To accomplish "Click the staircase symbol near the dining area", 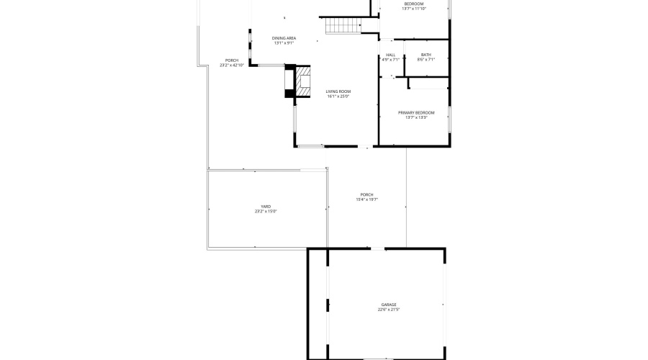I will (x=342, y=26).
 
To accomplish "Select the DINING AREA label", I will (x=284, y=38).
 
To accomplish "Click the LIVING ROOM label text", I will (x=338, y=91).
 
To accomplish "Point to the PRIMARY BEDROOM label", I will (x=416, y=112).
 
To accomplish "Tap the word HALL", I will (x=390, y=55).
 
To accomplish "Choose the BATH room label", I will (x=426, y=55).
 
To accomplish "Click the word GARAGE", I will (x=389, y=305).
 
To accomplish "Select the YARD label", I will (x=266, y=207).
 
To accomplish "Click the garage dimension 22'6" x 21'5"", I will (x=389, y=310).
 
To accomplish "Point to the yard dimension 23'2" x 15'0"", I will (x=266, y=212).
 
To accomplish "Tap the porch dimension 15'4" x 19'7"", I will (x=367, y=199).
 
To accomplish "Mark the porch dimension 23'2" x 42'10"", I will (x=232, y=66).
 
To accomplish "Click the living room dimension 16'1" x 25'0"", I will (x=338, y=96).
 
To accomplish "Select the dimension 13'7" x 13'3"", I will (x=416, y=117).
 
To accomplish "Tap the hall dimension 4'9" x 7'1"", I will (x=390, y=60).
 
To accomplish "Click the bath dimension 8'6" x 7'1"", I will (x=426, y=60).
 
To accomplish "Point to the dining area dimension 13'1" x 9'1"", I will (x=284, y=43).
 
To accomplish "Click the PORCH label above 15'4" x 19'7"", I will (x=367, y=194).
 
